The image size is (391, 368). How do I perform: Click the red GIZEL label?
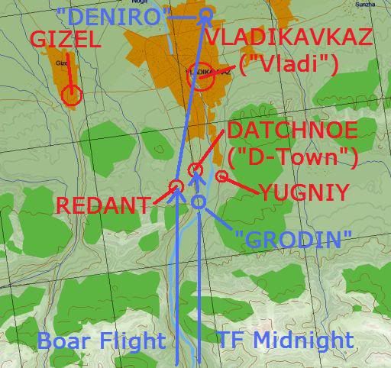tap(65, 40)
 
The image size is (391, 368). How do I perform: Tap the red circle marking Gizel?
tap(72, 95)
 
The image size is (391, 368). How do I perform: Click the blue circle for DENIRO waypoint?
tap(205, 15)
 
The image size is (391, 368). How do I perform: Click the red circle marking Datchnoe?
tap(195, 169)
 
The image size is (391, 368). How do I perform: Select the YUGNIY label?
tap(303, 192)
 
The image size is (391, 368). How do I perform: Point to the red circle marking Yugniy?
tap(221, 176)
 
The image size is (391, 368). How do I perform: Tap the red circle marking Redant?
tap(176, 186)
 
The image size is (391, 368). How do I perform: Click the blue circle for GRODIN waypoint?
tap(199, 202)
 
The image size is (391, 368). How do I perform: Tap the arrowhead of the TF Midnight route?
tap(197, 177)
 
